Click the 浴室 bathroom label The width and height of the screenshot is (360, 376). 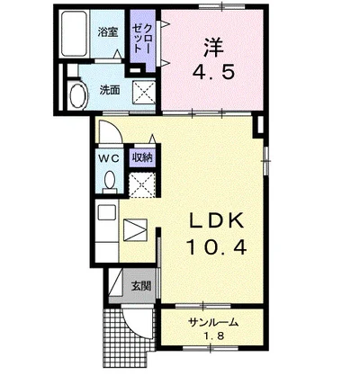(x=106, y=31)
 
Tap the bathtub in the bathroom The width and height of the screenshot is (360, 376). (x=76, y=33)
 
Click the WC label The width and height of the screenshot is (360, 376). (x=107, y=157)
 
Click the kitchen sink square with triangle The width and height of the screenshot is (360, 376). (x=135, y=229)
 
